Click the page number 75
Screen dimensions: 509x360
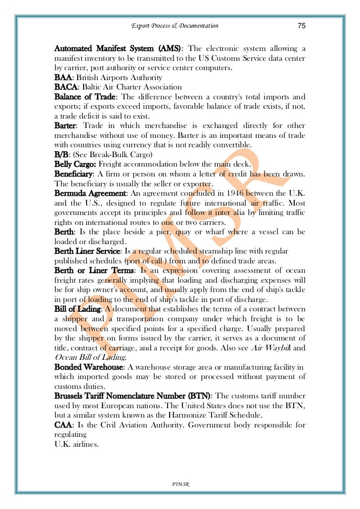(x=301, y=26)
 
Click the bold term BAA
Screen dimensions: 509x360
(x=63, y=78)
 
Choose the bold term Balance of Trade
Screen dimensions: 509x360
(x=85, y=97)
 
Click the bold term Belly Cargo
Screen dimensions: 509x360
(x=75, y=164)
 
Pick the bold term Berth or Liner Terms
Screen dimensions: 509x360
(x=93, y=270)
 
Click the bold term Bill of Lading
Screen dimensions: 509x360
(x=77, y=309)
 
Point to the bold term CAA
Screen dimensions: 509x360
(x=63, y=424)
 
